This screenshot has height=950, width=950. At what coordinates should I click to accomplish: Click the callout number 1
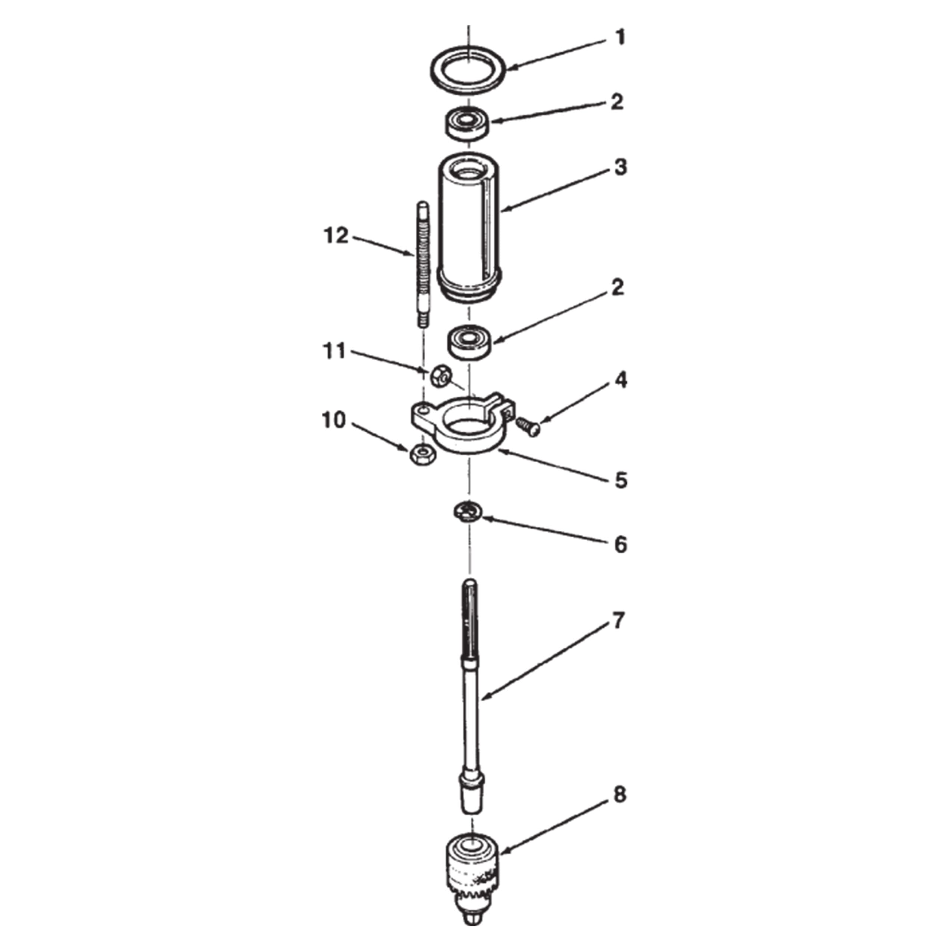pyautogui.click(x=620, y=37)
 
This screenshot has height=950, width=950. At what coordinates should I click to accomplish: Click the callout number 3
pyautogui.click(x=620, y=168)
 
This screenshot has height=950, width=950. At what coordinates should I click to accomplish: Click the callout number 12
pyautogui.click(x=336, y=236)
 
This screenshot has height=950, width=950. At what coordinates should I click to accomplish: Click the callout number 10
pyautogui.click(x=334, y=420)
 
